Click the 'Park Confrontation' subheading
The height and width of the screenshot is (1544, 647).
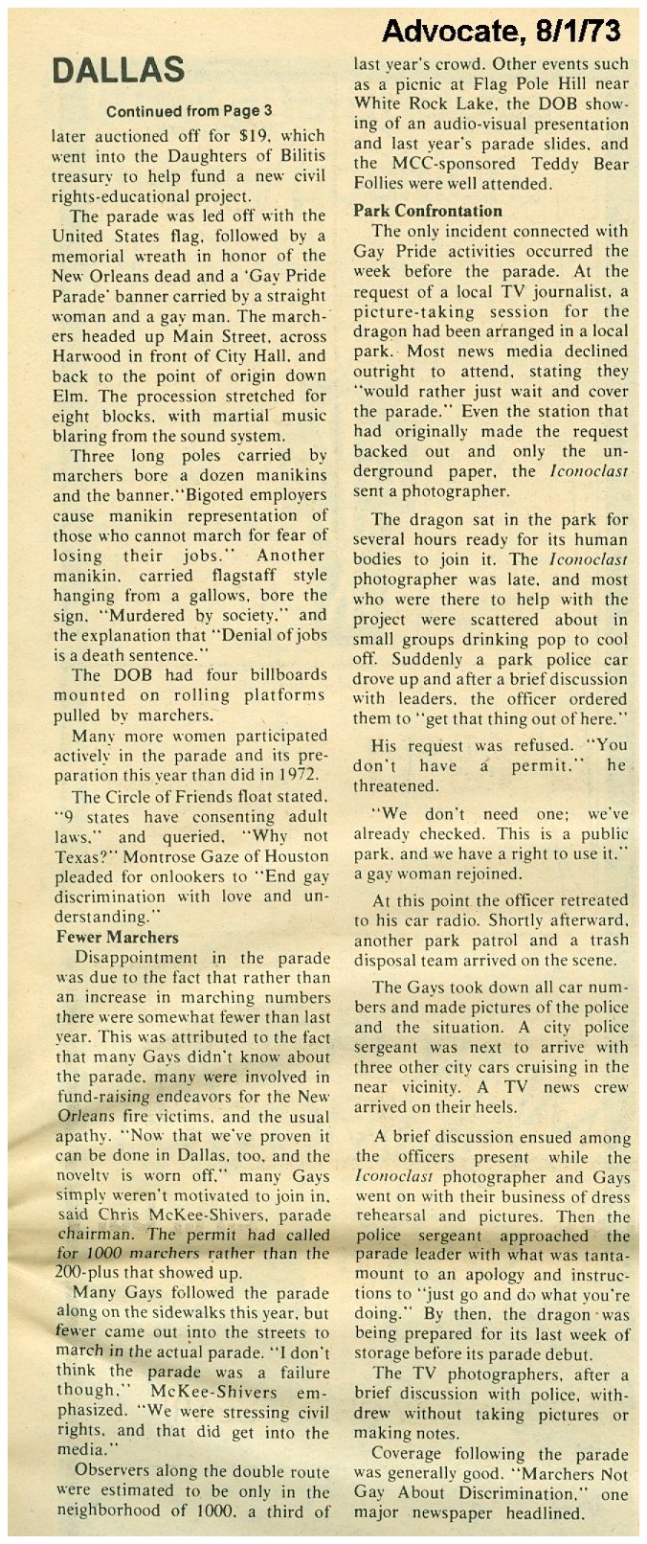[428, 211]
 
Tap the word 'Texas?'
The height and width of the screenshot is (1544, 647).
[85, 856]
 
